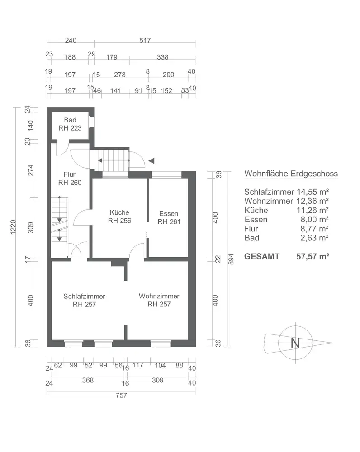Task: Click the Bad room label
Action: point(70,120)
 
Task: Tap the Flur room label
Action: point(69,174)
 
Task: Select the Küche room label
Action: point(119,212)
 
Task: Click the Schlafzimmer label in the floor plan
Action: point(85,297)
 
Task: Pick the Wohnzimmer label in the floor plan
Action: point(159,297)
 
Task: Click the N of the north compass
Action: point(295,343)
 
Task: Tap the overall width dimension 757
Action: point(121,395)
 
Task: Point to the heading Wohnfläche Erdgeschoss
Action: point(291,174)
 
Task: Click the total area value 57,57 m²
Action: point(313,256)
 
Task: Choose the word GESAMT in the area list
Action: point(262,256)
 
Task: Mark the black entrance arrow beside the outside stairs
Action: point(152,160)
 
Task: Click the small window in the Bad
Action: point(91,122)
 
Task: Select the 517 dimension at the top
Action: point(145,40)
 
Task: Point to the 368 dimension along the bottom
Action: point(88,381)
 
